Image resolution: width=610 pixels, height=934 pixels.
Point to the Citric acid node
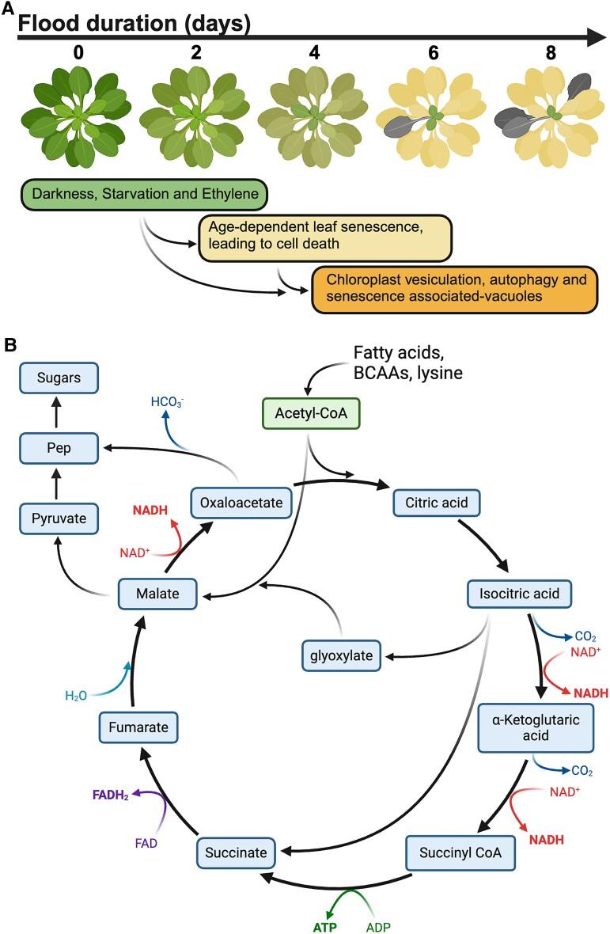tap(436, 501)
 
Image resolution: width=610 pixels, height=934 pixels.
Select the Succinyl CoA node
tap(450, 852)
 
